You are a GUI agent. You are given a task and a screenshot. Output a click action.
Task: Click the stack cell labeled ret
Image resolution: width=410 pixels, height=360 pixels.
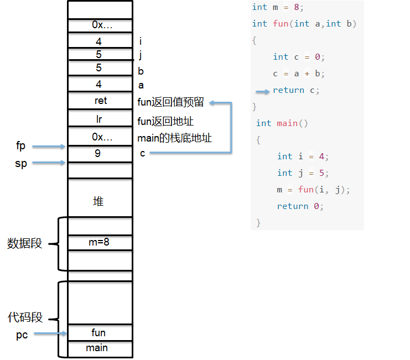click(100, 100)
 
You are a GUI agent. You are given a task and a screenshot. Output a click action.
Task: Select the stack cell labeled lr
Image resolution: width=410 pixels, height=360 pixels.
click(100, 118)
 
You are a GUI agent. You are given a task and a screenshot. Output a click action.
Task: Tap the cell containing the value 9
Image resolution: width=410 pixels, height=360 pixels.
click(100, 154)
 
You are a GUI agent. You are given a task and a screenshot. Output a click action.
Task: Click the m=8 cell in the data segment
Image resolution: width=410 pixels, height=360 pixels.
click(100, 242)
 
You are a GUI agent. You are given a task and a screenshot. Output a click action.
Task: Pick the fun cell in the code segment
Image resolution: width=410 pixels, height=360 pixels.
click(100, 332)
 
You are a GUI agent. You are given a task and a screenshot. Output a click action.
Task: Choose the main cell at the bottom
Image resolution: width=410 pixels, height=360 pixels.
click(100, 349)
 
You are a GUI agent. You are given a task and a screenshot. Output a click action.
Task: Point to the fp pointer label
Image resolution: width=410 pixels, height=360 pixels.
click(20, 146)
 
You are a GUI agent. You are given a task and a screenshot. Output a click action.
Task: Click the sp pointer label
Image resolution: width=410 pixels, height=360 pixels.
click(21, 164)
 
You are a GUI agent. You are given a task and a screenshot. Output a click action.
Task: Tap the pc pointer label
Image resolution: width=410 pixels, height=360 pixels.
click(22, 335)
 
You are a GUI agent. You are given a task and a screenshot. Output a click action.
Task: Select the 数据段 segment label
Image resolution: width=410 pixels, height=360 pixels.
click(24, 243)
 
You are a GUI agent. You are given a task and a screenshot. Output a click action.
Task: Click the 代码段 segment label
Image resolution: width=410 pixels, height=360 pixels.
click(25, 317)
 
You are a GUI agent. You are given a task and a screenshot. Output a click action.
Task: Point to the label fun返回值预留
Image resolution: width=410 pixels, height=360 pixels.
click(170, 102)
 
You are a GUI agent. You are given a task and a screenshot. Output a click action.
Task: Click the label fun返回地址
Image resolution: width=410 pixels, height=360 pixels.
click(165, 122)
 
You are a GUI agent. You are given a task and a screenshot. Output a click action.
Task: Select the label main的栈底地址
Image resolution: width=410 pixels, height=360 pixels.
click(174, 138)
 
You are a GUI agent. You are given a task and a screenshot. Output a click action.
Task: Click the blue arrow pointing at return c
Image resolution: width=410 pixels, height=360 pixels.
click(262, 91)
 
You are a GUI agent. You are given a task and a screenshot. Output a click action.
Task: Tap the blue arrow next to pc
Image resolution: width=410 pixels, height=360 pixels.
click(50, 333)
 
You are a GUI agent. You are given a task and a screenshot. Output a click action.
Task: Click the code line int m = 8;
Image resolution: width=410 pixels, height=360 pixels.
click(278, 7)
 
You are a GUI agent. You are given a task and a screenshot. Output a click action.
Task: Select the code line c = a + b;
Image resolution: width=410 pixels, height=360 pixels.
click(299, 74)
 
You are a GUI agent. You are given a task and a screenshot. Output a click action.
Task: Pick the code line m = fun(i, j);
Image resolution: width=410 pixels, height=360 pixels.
click(313, 190)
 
